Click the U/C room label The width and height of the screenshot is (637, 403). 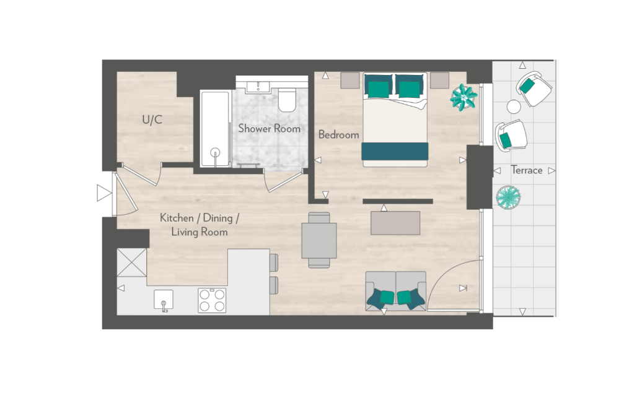pyautogui.click(x=152, y=119)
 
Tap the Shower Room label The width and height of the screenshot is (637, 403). pyautogui.click(x=269, y=129)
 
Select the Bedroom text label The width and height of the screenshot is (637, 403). pyautogui.click(x=338, y=134)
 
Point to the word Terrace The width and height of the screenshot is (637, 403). pyautogui.click(x=527, y=170)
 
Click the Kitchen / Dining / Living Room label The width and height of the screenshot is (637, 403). pyautogui.click(x=200, y=225)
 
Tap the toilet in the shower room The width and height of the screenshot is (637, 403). pyautogui.click(x=288, y=100)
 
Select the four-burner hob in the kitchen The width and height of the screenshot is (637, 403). pyautogui.click(x=212, y=300)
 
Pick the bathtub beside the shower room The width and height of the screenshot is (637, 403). pyautogui.click(x=215, y=129)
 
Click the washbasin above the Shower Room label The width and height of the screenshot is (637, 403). pyautogui.click(x=258, y=87)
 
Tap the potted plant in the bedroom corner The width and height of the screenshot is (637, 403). pyautogui.click(x=463, y=97)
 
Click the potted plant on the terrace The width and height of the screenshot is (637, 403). pyautogui.click(x=508, y=197)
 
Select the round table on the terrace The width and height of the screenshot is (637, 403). pyautogui.click(x=514, y=106)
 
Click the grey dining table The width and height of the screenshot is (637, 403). pyautogui.click(x=319, y=240)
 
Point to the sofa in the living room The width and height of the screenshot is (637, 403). pyautogui.click(x=396, y=291)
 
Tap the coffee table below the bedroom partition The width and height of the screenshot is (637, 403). pyautogui.click(x=395, y=223)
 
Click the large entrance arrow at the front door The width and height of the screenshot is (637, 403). pyautogui.click(x=104, y=193)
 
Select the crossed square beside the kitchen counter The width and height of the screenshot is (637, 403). pyautogui.click(x=131, y=262)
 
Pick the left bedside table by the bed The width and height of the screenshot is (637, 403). pyautogui.click(x=349, y=80)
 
